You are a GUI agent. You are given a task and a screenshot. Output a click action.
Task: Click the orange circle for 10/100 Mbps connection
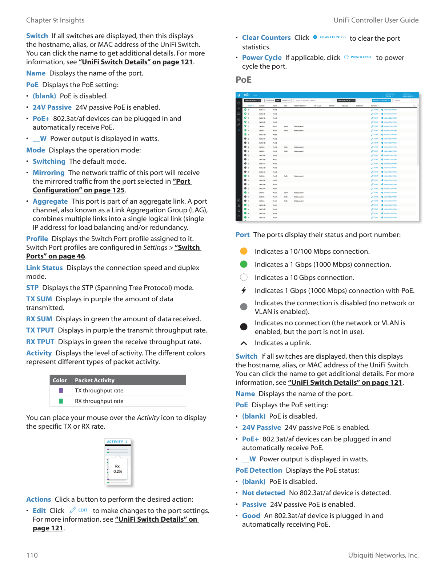[244, 251]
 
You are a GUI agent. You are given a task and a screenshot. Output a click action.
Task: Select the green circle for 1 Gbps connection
[244, 264]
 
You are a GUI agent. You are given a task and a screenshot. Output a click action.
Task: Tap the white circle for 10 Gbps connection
[244, 277]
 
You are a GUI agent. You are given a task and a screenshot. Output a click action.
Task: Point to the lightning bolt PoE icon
[244, 290]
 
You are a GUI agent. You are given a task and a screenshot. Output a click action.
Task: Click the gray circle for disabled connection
[244, 307]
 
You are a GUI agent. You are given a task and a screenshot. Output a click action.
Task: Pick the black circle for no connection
[244, 327]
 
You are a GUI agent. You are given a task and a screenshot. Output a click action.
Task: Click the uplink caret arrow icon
[244, 343]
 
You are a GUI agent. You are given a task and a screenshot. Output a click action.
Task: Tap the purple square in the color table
[61, 391]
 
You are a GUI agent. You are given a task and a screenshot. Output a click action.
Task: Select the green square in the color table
[61, 401]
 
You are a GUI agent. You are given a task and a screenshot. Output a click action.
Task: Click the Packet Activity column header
[95, 380]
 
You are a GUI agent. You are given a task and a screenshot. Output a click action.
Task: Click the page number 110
[32, 555]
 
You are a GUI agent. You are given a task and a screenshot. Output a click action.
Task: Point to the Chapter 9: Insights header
[55, 20]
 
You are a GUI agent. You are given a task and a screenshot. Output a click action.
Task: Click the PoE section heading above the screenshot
[244, 80]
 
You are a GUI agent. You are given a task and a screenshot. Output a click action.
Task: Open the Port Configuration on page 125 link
[79, 190]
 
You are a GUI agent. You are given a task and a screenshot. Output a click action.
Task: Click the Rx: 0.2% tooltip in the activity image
[118, 469]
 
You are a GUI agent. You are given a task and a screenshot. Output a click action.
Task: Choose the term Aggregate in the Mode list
[50, 201]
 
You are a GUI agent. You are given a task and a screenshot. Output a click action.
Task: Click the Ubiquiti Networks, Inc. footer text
[383, 555]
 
